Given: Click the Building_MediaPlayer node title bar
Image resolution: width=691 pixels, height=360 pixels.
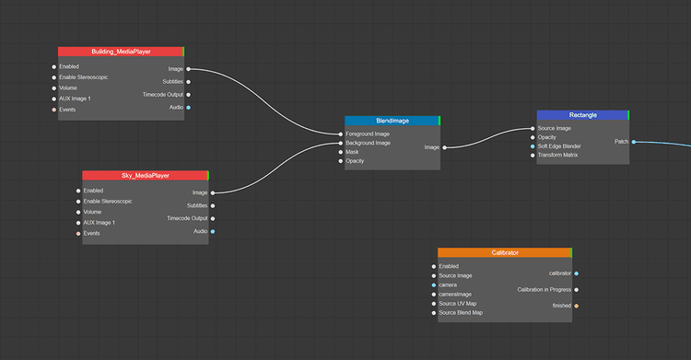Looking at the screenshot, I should coord(121,52).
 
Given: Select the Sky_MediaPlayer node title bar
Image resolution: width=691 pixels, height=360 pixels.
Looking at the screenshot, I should coord(146,175).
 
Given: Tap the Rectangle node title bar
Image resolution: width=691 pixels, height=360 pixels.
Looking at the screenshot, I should coord(582,115).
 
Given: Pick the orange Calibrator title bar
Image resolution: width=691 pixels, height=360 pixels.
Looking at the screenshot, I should coord(505,252).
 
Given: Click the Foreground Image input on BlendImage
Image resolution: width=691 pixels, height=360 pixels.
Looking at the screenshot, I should coord(368,134).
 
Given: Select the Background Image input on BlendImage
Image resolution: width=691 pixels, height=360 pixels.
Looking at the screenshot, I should coord(368,143).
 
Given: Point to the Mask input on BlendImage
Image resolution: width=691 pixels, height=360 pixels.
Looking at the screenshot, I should coord(352,152).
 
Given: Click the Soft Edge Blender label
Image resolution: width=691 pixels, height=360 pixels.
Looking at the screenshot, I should coord(559,146).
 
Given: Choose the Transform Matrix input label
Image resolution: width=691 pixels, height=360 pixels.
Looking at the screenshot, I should coord(557,155).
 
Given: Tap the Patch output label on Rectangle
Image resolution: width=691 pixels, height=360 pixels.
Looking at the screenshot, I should coord(622,142).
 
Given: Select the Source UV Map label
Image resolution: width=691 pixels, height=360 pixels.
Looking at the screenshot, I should coord(458,304).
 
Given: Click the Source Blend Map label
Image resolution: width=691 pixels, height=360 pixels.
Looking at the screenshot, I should coord(461,313).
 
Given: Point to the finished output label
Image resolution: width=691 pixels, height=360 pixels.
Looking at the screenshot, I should coord(561,306).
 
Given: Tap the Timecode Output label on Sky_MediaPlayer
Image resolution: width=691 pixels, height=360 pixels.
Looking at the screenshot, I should coord(186,218).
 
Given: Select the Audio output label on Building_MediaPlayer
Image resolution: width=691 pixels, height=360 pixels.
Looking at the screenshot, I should coord(176,108).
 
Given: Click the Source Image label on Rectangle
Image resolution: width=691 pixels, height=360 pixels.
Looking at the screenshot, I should coord(555,128).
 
